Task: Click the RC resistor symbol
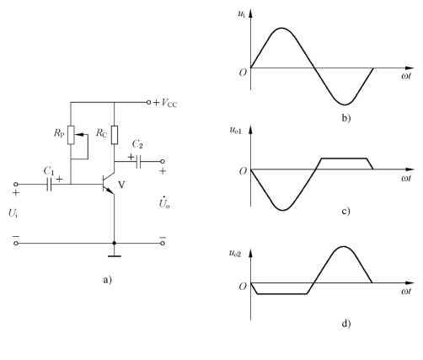(115, 135)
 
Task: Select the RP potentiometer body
(71, 135)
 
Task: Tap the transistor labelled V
(109, 184)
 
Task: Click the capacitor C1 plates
(50, 185)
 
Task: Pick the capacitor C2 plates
(138, 162)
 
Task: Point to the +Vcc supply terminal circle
(149, 103)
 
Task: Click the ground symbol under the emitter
(115, 256)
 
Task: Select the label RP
(59, 133)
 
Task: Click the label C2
(137, 144)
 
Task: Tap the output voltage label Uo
(164, 202)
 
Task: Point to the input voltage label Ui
(13, 213)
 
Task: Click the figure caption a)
(107, 280)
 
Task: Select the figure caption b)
(346, 118)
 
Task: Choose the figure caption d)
(346, 324)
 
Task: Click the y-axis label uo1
(235, 130)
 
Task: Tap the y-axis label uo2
(235, 253)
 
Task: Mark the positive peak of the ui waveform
(281, 28)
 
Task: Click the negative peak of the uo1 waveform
(283, 210)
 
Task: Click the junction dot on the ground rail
(115, 243)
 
